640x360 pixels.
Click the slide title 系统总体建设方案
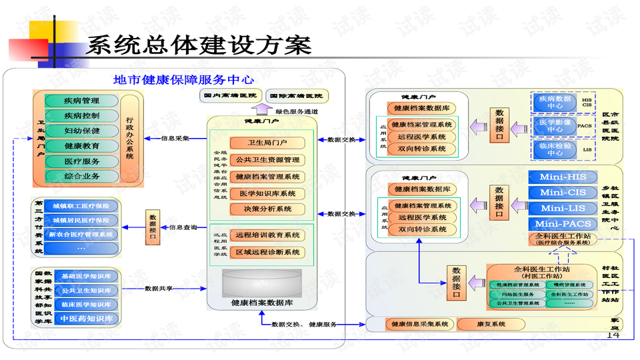(199, 45)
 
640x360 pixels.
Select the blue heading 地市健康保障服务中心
(183, 80)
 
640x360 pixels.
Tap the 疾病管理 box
(81, 101)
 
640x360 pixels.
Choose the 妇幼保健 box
(81, 131)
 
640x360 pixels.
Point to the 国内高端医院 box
(229, 96)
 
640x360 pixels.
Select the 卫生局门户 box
(267, 143)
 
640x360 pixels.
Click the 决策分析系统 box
(267, 209)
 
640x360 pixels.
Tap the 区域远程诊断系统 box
(267, 252)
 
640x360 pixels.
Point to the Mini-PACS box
(563, 224)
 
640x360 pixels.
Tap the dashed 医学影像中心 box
(554, 125)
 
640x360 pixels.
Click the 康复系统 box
(490, 325)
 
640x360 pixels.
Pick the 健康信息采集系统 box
(419, 325)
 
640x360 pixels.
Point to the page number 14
(613, 335)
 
